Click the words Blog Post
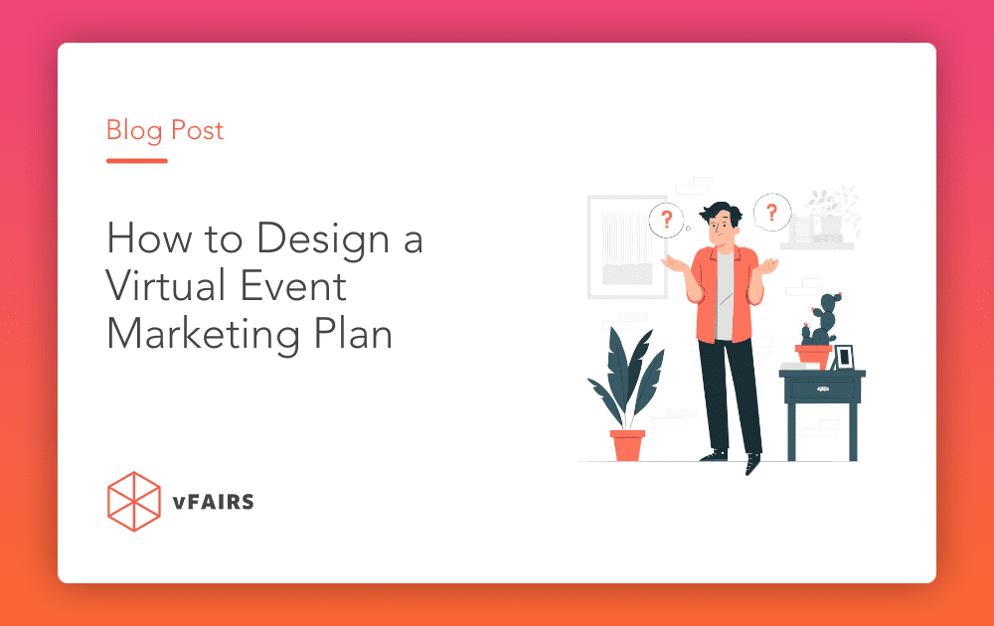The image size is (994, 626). (x=165, y=131)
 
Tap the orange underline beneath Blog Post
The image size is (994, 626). (x=136, y=160)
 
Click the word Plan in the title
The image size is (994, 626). (x=354, y=334)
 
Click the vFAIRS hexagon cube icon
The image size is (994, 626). (x=133, y=502)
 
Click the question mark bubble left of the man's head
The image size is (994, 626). (x=667, y=219)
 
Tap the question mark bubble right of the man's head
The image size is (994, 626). (x=771, y=211)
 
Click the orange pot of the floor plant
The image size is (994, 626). (x=627, y=444)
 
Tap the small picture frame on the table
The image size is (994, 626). (x=844, y=357)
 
